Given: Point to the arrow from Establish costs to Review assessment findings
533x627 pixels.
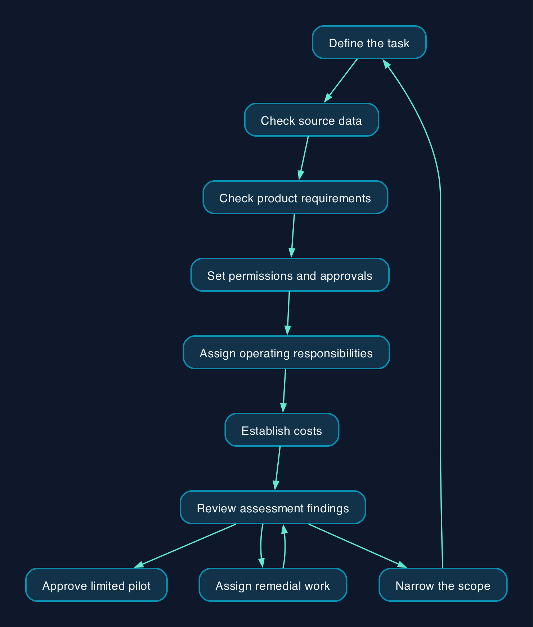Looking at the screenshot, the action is (x=277, y=468).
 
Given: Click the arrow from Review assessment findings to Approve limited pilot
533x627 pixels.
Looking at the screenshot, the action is (x=185, y=546).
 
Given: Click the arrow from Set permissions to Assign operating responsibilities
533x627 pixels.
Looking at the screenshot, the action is (x=288, y=313).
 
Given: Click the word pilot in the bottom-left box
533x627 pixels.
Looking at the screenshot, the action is (x=141, y=586).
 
